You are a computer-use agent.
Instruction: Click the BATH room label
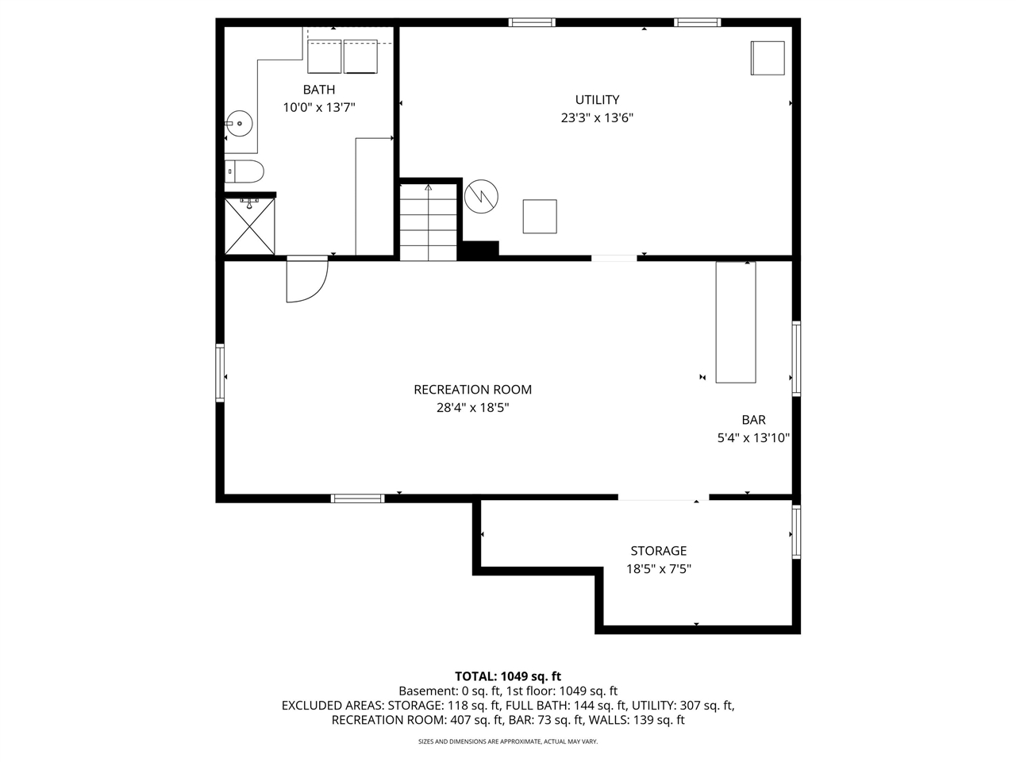(318, 90)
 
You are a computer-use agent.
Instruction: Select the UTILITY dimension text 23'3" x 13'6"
(597, 118)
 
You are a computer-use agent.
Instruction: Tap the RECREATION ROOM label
(472, 390)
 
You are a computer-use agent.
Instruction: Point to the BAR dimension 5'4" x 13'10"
(752, 437)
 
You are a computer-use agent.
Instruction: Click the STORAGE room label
(658, 551)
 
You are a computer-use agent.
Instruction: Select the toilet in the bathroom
(244, 171)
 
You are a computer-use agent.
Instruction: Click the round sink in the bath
(239, 123)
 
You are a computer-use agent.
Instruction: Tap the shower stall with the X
(249, 226)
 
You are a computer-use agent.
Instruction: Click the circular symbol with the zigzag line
(481, 196)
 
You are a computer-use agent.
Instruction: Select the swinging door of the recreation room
(306, 281)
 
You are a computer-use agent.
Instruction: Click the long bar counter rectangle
(736, 322)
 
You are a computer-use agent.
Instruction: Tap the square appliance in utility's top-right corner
(768, 58)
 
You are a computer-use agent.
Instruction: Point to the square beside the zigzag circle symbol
(540, 217)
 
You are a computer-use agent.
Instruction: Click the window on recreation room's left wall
(220, 372)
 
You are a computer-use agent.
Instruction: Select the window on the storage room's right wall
(795, 533)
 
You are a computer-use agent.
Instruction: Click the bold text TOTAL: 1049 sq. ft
(507, 676)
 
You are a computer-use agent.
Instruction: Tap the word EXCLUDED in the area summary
(312, 706)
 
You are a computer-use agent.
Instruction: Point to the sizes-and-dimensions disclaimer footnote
(507, 741)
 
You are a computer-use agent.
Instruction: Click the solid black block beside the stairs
(479, 248)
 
